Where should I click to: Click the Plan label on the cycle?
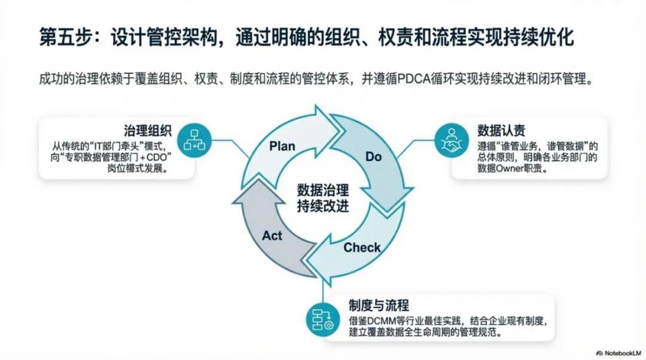pos(282,146)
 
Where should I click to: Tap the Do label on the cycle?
pos(373,157)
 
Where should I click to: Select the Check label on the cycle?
pos(361,247)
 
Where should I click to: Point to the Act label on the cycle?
pos(272,236)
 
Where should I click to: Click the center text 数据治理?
pos(323,191)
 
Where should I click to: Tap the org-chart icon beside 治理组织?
pos(195,141)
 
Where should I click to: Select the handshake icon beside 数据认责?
pos(450,141)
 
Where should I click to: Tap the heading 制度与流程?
pos(379,304)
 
